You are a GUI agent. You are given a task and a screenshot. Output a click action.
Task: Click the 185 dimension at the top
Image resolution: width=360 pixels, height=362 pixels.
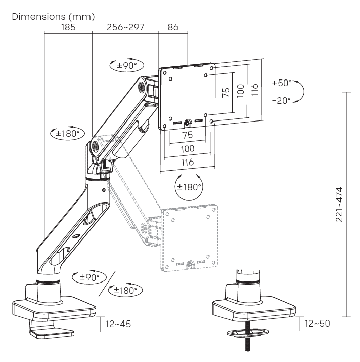68,27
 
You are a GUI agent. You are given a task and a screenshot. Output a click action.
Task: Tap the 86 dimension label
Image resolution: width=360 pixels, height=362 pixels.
173,27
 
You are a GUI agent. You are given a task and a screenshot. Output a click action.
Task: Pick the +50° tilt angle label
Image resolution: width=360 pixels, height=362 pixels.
281,83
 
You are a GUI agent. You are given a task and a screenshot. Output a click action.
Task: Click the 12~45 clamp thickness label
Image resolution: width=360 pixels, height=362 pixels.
117,323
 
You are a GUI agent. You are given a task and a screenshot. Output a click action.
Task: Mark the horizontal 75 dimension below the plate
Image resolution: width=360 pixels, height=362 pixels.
188,135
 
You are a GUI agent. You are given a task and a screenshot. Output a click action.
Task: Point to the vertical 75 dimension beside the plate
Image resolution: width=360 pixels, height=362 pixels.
226,92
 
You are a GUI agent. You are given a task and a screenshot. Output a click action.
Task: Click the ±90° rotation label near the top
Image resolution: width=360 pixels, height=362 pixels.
126,65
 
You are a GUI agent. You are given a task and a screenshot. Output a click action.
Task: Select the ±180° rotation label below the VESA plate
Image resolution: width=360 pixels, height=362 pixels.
188,186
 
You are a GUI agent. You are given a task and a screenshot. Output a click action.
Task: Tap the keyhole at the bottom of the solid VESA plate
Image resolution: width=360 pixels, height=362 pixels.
188,123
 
